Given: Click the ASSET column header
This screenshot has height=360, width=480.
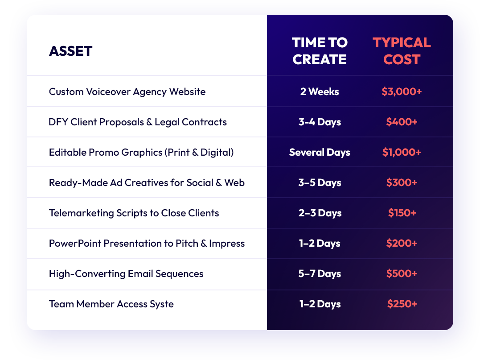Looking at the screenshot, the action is coord(71,51).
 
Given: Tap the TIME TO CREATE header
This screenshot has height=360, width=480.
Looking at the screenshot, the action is coord(320,51).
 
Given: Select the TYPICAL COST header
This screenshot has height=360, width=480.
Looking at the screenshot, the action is coord(402,51).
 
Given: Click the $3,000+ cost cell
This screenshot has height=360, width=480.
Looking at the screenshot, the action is coord(402,91).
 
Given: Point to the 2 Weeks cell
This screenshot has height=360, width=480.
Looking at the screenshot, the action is coord(320,91).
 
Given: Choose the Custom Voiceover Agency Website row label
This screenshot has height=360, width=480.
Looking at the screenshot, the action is coord(127,91).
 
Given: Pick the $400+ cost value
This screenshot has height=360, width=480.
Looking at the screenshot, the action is coord(402,122).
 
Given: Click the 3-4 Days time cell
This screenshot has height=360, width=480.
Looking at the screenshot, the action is coord(320,122).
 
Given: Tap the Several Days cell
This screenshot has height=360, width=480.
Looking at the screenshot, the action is coord(320,152).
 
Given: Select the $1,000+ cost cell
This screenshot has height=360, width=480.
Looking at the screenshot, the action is coord(402,152).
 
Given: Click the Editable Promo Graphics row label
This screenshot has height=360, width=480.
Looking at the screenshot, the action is coord(141,152).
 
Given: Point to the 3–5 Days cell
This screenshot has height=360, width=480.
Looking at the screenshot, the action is coord(320,182).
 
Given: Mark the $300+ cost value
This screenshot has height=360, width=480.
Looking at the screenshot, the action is coord(402,182).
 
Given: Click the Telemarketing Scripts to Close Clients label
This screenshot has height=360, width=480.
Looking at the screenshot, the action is coord(134,213).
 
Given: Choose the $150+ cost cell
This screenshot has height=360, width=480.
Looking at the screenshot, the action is coord(402,213).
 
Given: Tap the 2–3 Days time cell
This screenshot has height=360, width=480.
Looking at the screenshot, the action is coord(320,213).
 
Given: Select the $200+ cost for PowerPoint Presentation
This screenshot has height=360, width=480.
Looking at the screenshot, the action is coord(402,243).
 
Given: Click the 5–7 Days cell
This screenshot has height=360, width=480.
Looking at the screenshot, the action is coord(320,273).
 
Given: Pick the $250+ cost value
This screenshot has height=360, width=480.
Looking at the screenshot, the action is coord(402,304).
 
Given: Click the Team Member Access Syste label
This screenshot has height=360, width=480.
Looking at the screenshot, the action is coord(111,304).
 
